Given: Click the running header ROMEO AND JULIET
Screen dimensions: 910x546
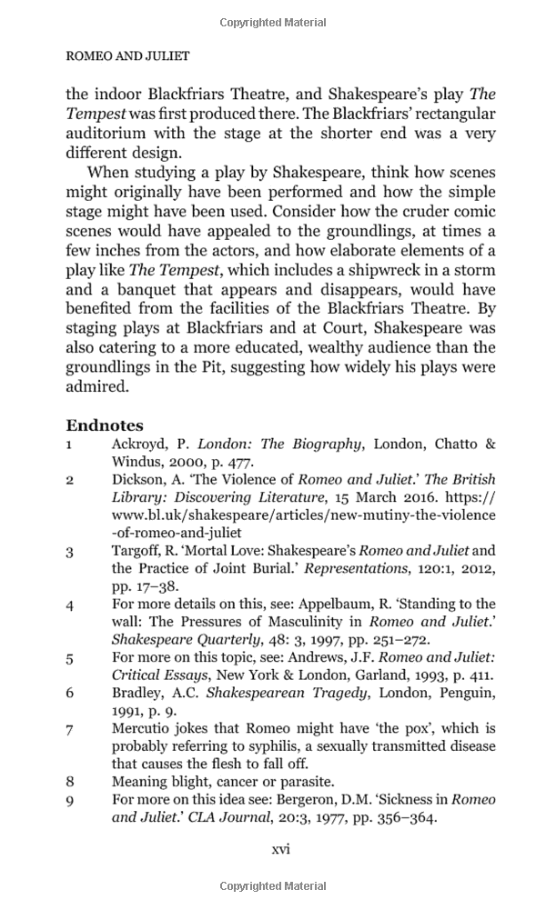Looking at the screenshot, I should pyautogui.click(x=127, y=56).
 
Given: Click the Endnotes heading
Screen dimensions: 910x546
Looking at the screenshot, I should pyautogui.click(x=105, y=425).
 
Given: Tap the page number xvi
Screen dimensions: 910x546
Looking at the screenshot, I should pyautogui.click(x=281, y=848).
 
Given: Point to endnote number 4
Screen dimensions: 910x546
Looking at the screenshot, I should pyautogui.click(x=69, y=604).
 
